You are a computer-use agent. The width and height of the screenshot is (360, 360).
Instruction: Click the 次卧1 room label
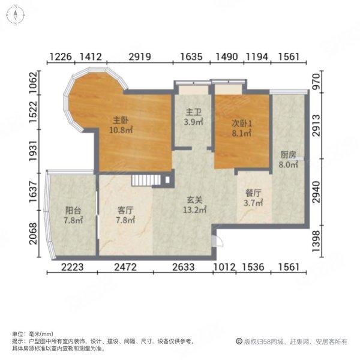click(x=242, y=124)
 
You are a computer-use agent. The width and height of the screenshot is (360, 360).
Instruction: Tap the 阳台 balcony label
click(x=73, y=211)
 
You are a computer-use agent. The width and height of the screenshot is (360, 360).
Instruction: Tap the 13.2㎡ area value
click(x=194, y=211)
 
